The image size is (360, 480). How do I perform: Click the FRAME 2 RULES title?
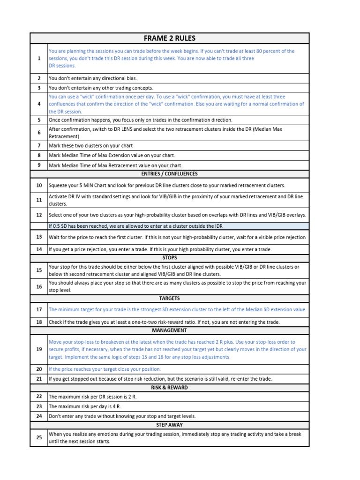[169, 38]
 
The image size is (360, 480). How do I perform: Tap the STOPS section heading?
[169, 257]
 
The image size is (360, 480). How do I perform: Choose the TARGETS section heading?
[169, 298]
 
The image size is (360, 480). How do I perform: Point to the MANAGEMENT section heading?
[169, 330]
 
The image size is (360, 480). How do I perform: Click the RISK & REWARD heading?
[169, 388]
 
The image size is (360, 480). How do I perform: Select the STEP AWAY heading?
[169, 425]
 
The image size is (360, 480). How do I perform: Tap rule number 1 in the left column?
[39, 59]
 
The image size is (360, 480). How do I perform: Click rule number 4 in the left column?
[39, 104]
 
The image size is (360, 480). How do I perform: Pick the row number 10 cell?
[39, 186]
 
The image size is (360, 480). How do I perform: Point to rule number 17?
[39, 309]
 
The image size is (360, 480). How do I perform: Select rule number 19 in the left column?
[39, 349]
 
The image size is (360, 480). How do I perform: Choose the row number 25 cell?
[39, 437]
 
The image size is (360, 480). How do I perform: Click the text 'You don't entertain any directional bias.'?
[93, 78]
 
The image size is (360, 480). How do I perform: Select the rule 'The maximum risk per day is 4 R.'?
[86, 406]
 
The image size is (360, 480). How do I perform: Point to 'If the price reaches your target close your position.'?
[105, 369]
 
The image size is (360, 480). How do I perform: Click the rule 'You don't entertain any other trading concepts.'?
[101, 88]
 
